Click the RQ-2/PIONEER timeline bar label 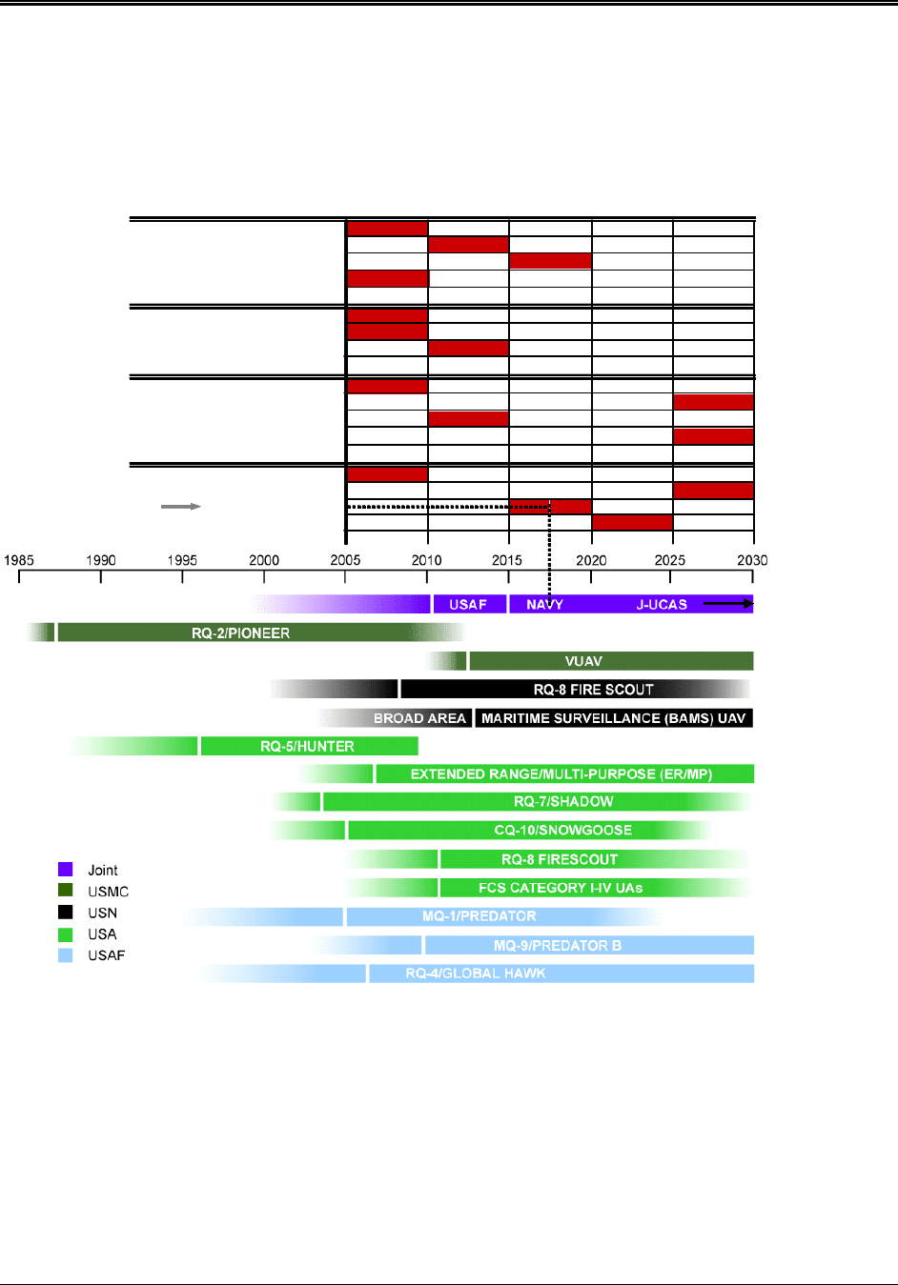tap(240, 632)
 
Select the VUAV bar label tap(583, 661)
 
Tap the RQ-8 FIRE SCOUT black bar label tap(593, 690)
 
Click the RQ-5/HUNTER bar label tap(307, 746)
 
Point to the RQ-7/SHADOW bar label tap(562, 802)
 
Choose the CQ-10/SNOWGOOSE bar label tap(562, 831)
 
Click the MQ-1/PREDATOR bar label tap(479, 916)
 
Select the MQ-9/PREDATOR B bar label tap(557, 945)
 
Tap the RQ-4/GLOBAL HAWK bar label tap(475, 974)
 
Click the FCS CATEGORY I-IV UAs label tap(560, 888)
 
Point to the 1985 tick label tap(19, 560)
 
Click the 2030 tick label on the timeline tap(752, 560)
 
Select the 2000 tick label tap(264, 560)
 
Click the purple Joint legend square tap(66, 870)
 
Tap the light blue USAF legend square tap(66, 955)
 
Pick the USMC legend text tap(108, 892)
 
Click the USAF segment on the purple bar tap(468, 604)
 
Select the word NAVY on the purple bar tap(544, 604)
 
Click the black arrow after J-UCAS tap(728, 603)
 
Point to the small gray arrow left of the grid tap(181, 507)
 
